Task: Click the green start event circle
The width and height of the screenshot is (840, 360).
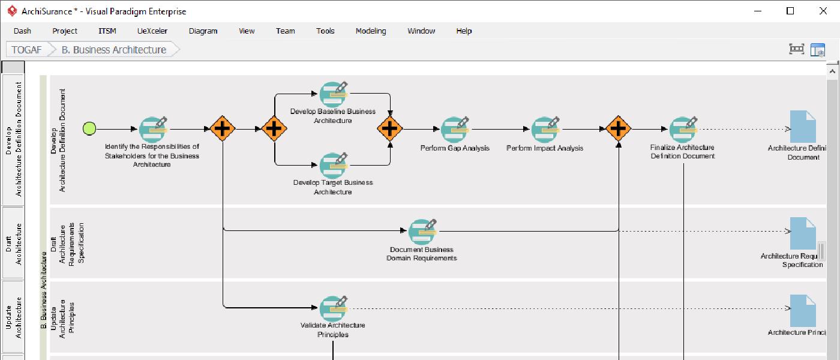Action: [89, 128]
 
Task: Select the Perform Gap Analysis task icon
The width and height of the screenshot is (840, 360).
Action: [454, 129]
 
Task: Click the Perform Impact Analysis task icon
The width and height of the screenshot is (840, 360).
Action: [545, 129]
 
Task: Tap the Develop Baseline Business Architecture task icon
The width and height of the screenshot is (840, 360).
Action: [333, 94]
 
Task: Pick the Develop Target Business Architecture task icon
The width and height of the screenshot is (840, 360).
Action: [333, 164]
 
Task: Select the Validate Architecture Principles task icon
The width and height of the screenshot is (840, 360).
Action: [333, 308]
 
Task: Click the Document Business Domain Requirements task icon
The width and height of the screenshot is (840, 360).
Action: [422, 232]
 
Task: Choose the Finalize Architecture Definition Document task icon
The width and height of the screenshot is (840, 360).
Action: [682, 129]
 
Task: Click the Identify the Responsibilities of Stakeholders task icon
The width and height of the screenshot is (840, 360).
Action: [152, 129]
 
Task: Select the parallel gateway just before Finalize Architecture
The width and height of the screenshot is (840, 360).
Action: [618, 128]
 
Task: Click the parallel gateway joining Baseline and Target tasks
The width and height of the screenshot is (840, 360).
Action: [390, 128]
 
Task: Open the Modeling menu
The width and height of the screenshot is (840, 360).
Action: [370, 31]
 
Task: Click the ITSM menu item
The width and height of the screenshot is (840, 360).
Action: [107, 31]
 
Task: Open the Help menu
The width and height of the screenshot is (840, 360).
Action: [464, 31]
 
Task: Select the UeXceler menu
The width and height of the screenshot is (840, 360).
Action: [152, 31]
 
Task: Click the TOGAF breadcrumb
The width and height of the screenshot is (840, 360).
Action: [26, 50]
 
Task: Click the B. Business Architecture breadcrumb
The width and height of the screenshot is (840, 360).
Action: [113, 50]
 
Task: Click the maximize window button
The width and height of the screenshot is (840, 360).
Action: [790, 11]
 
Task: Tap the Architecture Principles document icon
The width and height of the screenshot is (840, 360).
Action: [803, 310]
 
